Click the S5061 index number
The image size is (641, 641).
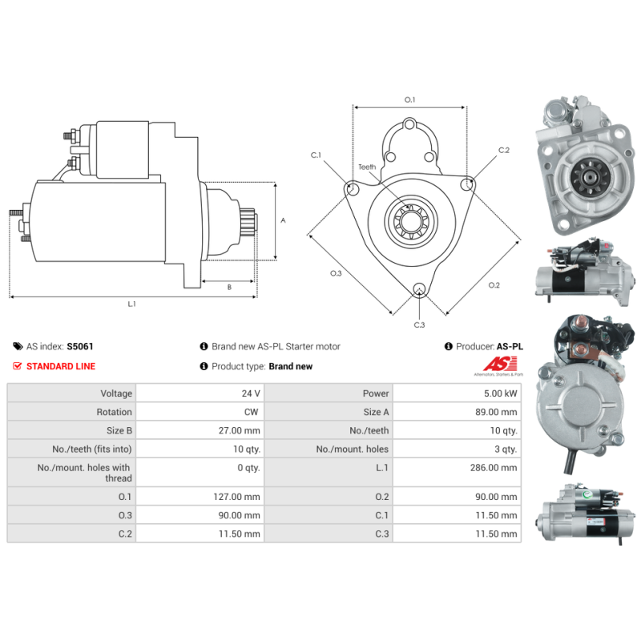pos(80,347)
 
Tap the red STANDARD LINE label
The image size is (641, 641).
pos(60,366)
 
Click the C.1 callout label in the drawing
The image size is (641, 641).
pos(316,155)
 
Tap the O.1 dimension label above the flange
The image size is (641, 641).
pos(409,100)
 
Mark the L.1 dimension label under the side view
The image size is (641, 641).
pos(132,304)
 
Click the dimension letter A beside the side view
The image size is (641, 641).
pos(283,220)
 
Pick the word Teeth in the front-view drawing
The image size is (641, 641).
pos(367,167)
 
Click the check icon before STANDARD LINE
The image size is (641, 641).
pos(18,366)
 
